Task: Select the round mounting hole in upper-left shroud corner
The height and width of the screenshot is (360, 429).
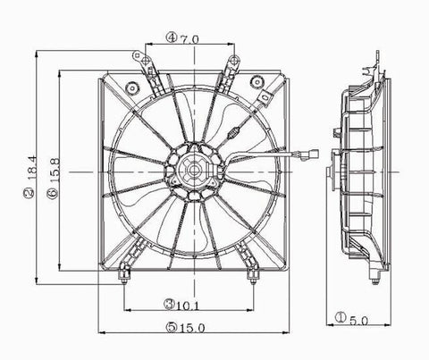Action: coord(132,88)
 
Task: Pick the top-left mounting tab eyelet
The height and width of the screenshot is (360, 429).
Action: coord(139,55)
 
